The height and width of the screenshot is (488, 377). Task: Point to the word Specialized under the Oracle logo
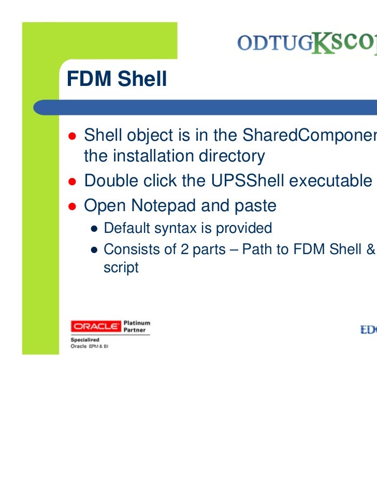click(85, 340)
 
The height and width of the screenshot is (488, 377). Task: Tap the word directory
click(228, 156)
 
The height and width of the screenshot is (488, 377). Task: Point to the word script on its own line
click(121, 268)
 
